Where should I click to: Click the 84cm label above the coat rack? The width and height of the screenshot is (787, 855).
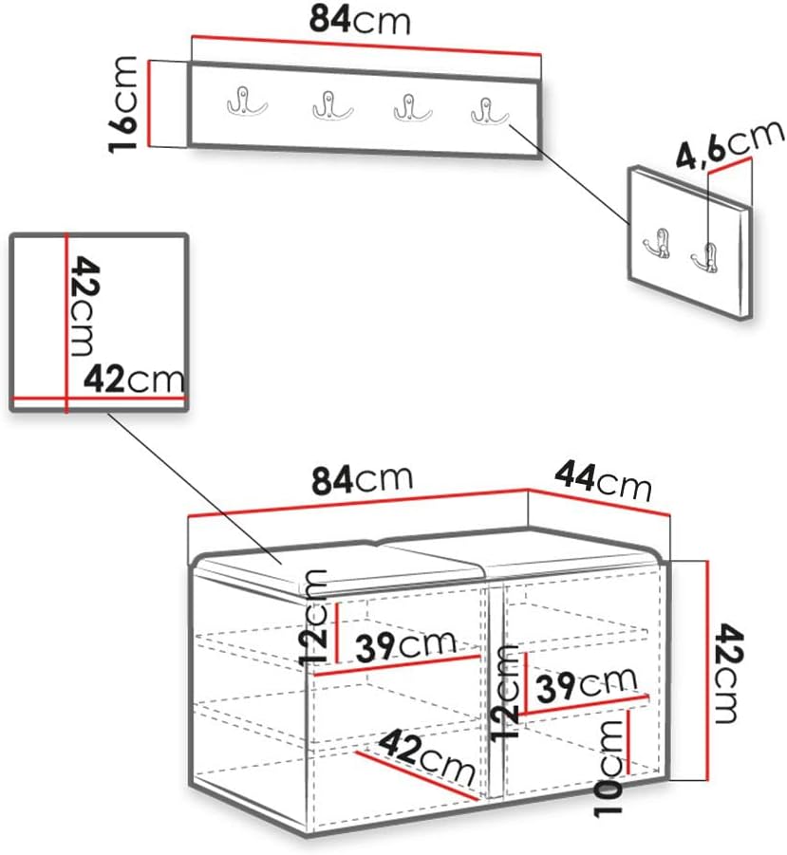click(360, 20)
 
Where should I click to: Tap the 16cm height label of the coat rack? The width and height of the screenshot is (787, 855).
click(122, 104)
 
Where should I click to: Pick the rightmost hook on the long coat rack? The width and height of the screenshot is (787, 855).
click(489, 111)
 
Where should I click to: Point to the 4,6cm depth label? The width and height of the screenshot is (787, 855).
click(730, 143)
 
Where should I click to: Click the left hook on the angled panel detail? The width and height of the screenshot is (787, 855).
click(657, 243)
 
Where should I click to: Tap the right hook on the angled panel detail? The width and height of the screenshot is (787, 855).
click(705, 257)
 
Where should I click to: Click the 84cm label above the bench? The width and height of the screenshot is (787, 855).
click(362, 479)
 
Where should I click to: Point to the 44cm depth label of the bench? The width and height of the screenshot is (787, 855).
click(603, 481)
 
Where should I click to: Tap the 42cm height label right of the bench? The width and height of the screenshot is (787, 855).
click(728, 674)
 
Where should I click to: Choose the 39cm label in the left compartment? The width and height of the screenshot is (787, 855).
click(405, 646)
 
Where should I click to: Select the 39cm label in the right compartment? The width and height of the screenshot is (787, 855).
click(587, 685)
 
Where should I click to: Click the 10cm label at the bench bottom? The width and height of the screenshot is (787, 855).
click(609, 769)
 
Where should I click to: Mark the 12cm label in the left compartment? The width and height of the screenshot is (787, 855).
click(314, 618)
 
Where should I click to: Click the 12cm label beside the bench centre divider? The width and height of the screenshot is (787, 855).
click(504, 693)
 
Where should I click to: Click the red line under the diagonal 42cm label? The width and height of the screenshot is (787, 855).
click(416, 776)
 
